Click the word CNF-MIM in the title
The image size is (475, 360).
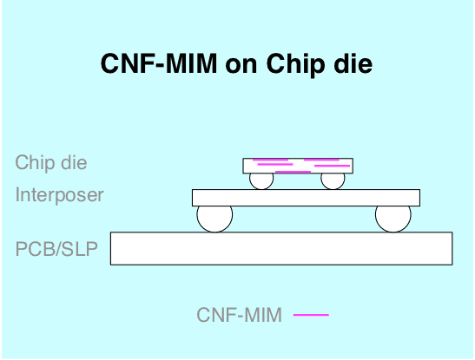coord(159,63)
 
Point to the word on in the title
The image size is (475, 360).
coord(241,66)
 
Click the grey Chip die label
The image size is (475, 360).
coord(51,162)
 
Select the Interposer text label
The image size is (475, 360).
coord(59,195)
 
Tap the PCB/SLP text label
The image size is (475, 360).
coord(56,249)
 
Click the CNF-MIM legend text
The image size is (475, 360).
coord(240,315)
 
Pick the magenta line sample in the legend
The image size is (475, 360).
coord(311,315)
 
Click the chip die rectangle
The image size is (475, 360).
coord(298,166)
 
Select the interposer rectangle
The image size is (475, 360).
coord(306,198)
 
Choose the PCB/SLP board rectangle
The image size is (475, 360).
coord(281,248)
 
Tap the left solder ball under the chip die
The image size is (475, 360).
coord(261,181)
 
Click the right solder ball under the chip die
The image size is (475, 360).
coord(333,181)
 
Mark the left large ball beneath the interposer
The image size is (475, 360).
coord(214,219)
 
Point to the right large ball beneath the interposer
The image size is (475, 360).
coord(393,219)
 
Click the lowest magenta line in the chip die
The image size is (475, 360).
coord(293,172)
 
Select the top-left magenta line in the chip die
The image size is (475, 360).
coord(271,160)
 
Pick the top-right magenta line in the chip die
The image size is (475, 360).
coord(321,160)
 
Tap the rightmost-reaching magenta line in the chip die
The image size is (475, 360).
coord(333,166)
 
